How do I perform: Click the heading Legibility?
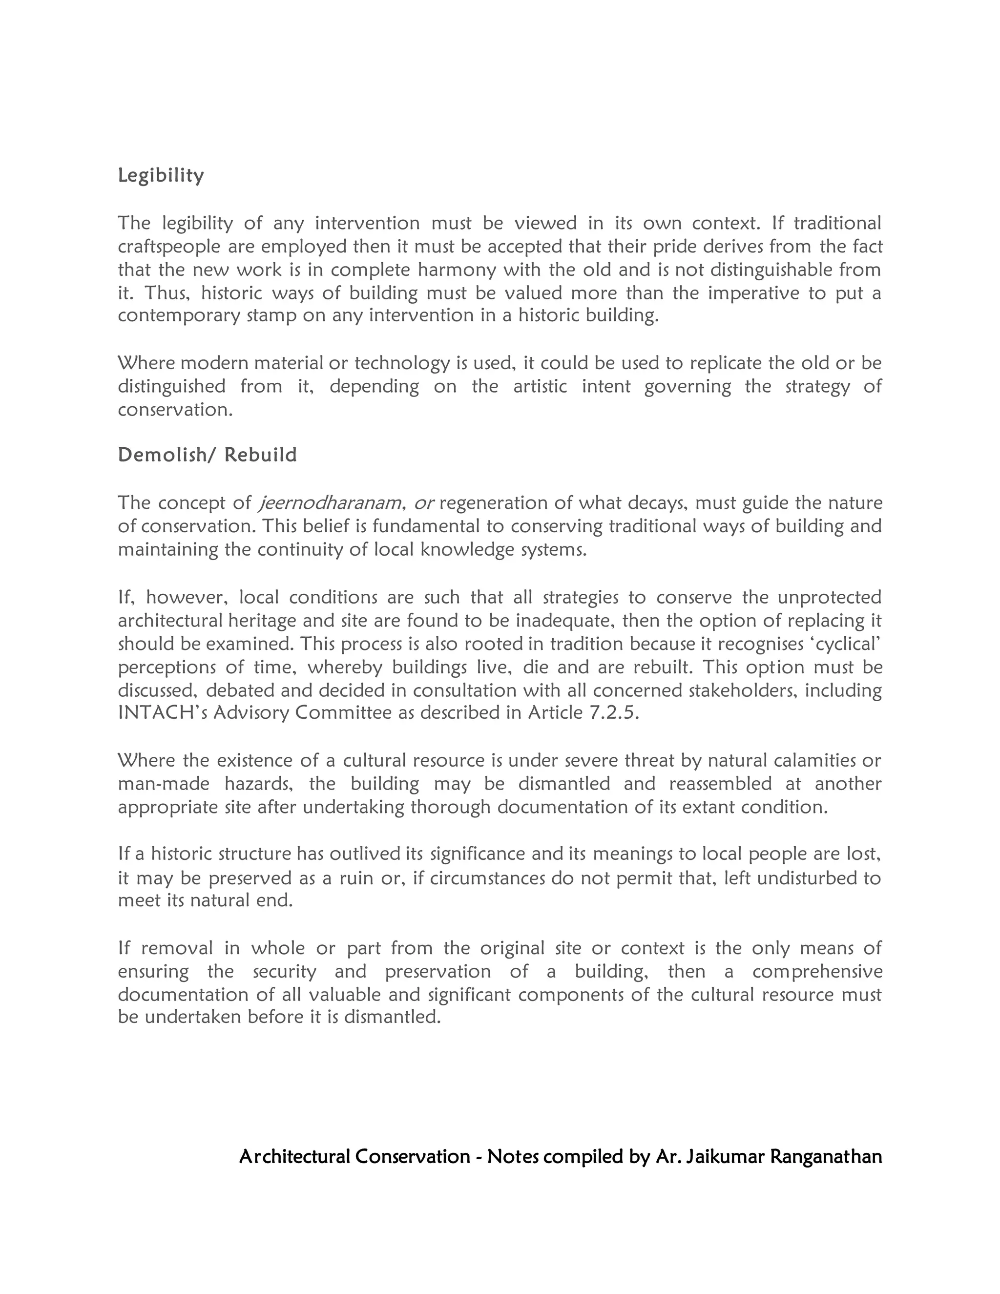click(x=161, y=175)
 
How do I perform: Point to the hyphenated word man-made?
click(x=164, y=784)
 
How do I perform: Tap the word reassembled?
click(x=720, y=784)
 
